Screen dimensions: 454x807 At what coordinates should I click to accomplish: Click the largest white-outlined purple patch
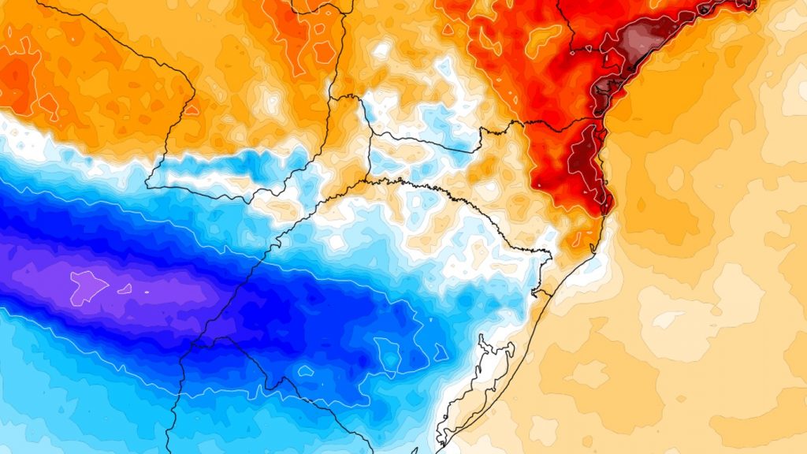(87, 285)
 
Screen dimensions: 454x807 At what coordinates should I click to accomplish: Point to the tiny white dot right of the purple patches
(147, 293)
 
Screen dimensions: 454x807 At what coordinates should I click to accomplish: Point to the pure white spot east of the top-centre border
(382, 50)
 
